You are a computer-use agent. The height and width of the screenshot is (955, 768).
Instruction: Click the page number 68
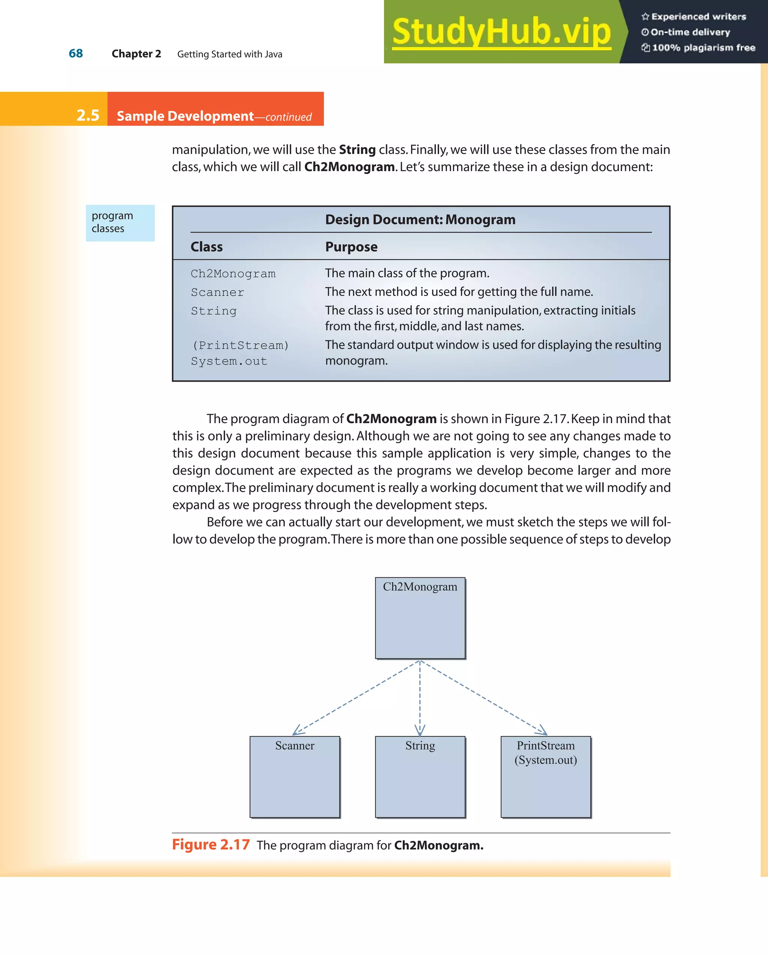click(x=76, y=54)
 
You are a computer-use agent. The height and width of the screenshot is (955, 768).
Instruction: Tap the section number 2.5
click(x=88, y=115)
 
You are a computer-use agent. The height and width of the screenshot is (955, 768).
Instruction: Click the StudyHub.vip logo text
click(x=501, y=32)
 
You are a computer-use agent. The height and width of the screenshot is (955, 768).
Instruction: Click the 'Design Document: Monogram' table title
click(x=420, y=220)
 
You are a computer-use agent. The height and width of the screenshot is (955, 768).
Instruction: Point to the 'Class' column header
click(x=206, y=247)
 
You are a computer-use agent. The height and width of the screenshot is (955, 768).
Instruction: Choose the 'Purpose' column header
click(x=351, y=247)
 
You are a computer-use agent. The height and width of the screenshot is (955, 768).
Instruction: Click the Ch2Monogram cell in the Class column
click(x=233, y=274)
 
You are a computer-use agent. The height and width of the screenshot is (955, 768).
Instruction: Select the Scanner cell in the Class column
click(x=217, y=292)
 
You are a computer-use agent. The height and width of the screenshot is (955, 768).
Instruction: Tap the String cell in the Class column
click(x=214, y=311)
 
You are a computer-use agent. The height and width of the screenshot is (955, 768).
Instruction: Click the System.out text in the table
click(x=229, y=361)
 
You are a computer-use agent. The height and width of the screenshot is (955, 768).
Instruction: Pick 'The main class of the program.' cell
click(x=407, y=273)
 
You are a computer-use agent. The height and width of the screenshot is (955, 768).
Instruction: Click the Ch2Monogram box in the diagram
click(x=420, y=618)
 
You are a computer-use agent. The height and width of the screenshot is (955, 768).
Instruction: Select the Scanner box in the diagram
click(x=295, y=776)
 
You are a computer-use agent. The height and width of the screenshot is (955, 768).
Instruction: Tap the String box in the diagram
click(x=420, y=776)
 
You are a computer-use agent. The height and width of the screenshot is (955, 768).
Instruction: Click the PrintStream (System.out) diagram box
click(x=546, y=776)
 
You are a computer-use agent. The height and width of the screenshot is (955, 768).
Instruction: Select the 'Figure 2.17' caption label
click(x=211, y=845)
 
